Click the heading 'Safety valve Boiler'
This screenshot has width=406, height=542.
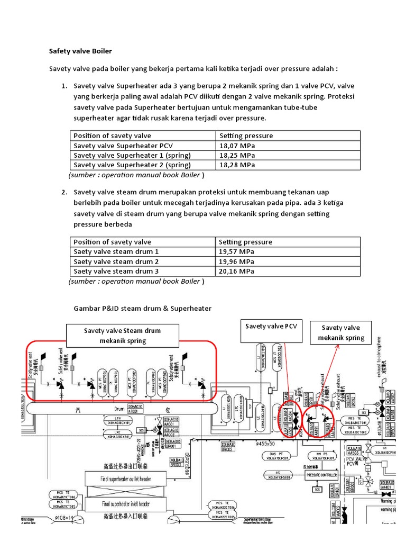[80, 51]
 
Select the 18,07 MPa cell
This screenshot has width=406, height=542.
[237, 146]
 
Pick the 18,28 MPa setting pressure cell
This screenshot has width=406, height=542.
[237, 165]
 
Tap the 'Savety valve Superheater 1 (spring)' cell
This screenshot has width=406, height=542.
[132, 156]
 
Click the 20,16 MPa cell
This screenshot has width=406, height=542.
[237, 272]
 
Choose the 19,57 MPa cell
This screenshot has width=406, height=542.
[237, 252]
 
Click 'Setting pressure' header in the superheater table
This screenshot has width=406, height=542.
[246, 136]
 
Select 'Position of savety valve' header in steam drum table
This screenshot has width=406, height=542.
[112, 242]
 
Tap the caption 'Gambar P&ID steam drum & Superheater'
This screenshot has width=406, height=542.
[142, 309]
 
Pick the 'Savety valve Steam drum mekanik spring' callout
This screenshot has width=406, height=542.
[123, 336]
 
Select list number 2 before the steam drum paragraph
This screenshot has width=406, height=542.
[64, 192]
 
